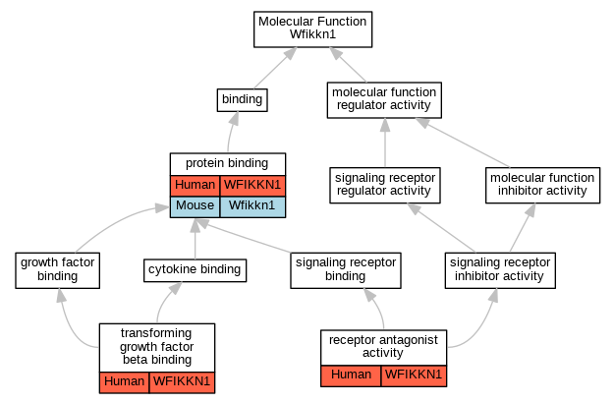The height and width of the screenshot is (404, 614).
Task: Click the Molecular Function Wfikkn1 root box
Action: (312, 29)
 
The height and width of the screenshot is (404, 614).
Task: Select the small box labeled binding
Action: (243, 100)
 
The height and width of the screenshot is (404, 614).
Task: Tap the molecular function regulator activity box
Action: (384, 100)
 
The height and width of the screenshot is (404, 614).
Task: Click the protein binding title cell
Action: (228, 164)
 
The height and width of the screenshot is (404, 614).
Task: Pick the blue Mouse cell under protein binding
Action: (195, 206)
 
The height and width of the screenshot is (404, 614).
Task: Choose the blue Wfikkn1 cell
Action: (252, 206)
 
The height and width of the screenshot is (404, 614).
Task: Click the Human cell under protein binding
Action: (195, 186)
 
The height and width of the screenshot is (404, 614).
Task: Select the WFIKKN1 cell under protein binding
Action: (252, 186)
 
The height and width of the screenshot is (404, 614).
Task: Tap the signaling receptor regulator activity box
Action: (385, 186)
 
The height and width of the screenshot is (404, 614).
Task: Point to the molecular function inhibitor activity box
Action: (542, 186)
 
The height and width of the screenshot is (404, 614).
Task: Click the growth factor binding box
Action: (58, 270)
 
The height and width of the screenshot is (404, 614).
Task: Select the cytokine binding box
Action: (195, 270)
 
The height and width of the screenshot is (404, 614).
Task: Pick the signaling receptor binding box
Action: (346, 270)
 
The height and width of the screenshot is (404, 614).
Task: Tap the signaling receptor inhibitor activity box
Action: (500, 270)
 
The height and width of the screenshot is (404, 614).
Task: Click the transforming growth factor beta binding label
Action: (157, 347)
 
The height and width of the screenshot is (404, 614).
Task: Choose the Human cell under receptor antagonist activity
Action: (351, 375)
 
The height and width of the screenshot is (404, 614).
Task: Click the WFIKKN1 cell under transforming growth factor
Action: (182, 382)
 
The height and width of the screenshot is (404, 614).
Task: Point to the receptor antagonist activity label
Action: (383, 347)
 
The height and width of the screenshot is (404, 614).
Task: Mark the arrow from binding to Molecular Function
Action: (275, 68)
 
